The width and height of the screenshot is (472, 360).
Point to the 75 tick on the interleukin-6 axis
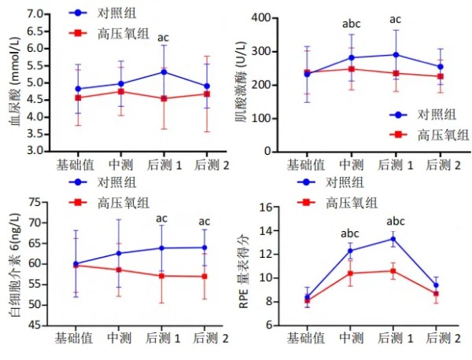coord(35,202)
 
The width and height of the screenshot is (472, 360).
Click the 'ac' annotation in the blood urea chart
coord(164,37)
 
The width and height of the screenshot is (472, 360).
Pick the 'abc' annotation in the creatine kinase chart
coord(352,24)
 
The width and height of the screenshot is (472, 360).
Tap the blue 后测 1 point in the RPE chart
coord(393,239)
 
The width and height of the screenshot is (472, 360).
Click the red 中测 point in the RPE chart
coord(350,274)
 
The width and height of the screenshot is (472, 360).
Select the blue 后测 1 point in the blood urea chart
coord(164,72)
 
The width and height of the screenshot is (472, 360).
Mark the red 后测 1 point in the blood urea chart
coord(164,99)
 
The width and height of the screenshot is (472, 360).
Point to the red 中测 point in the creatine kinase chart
coord(352,69)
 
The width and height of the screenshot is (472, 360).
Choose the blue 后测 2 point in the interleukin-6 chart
coord(205,248)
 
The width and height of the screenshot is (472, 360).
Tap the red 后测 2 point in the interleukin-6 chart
coord(205,276)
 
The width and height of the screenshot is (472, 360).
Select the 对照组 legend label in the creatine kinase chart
coord(431,115)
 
